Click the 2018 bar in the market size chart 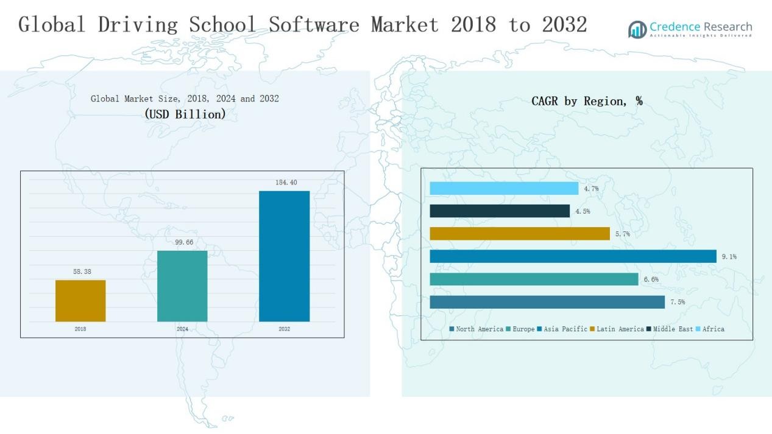pyautogui.click(x=80, y=301)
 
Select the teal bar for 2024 pyautogui.click(x=182, y=286)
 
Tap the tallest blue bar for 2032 pyautogui.click(x=284, y=256)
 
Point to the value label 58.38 pyautogui.click(x=82, y=271)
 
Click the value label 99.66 pyautogui.click(x=184, y=242)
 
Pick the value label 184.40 pyautogui.click(x=286, y=183)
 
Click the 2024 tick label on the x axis pyautogui.click(x=182, y=329)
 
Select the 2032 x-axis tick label pyautogui.click(x=284, y=329)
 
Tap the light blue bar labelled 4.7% pyautogui.click(x=504, y=189)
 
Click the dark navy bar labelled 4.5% pyautogui.click(x=500, y=211)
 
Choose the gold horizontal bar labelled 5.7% pyautogui.click(x=520, y=234)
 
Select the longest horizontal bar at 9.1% pyautogui.click(x=573, y=257)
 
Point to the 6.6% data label pyautogui.click(x=651, y=279)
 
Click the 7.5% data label pyautogui.click(x=678, y=303)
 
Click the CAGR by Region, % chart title pyautogui.click(x=587, y=101)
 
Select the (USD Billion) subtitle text pyautogui.click(x=185, y=114)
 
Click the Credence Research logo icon pyautogui.click(x=637, y=29)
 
